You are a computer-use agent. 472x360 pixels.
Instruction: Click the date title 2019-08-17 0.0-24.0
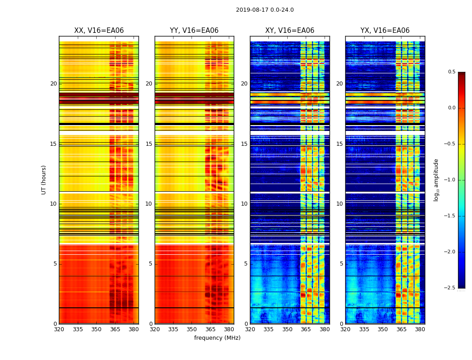265,10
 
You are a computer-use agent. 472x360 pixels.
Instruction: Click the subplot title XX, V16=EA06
99,31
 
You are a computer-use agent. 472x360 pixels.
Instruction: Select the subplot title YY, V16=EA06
194,31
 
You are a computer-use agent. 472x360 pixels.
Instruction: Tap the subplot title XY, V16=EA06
289,31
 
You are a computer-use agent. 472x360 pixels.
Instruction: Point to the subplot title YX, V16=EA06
385,31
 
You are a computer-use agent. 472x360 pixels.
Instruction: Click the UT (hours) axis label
44,180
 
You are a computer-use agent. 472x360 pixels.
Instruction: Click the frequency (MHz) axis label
217,338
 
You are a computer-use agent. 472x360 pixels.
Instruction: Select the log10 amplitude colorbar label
436,180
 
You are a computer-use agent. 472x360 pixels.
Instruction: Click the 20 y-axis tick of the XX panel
53,84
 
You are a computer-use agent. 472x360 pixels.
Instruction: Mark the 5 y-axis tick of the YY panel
151,264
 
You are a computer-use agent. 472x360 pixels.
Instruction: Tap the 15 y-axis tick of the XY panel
245,144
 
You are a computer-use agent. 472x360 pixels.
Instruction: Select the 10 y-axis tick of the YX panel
340,204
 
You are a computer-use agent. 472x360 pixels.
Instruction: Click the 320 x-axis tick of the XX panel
59,329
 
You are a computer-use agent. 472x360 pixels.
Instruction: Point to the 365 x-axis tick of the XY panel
306,329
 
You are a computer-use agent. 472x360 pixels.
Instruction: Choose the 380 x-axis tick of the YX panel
420,329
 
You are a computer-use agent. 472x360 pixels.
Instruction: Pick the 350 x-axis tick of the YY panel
192,329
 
